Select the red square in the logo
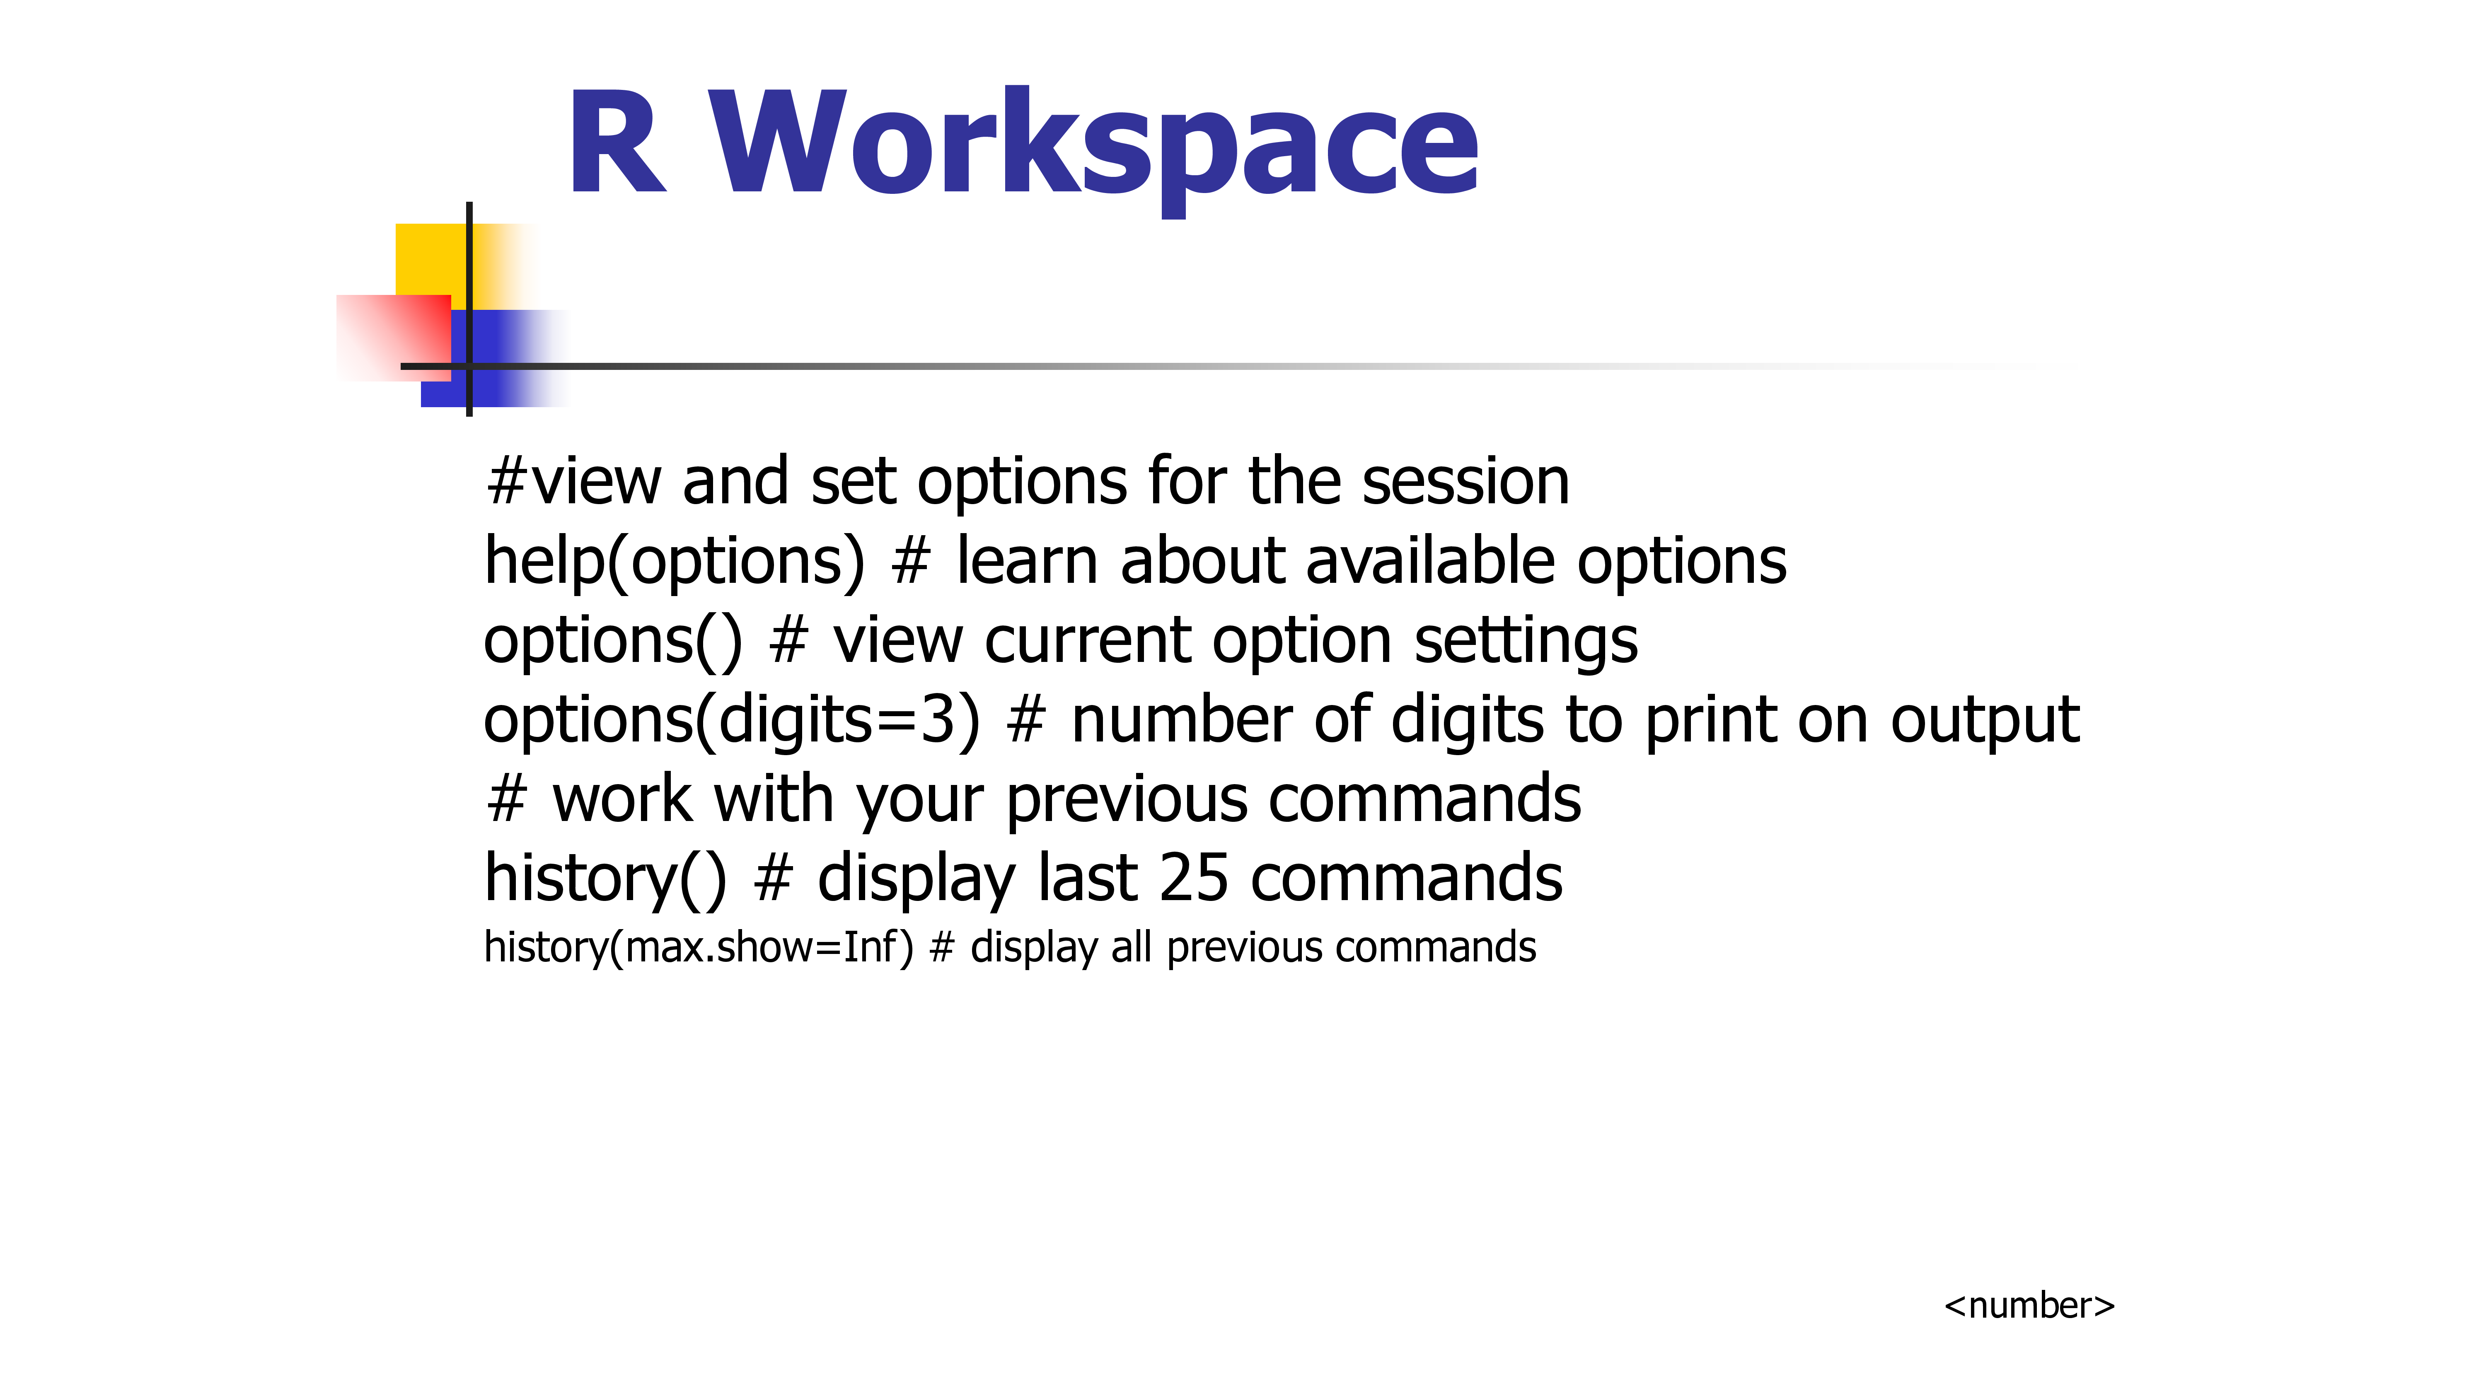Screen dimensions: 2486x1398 point(394,338)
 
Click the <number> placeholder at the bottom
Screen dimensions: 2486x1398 point(2029,1305)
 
